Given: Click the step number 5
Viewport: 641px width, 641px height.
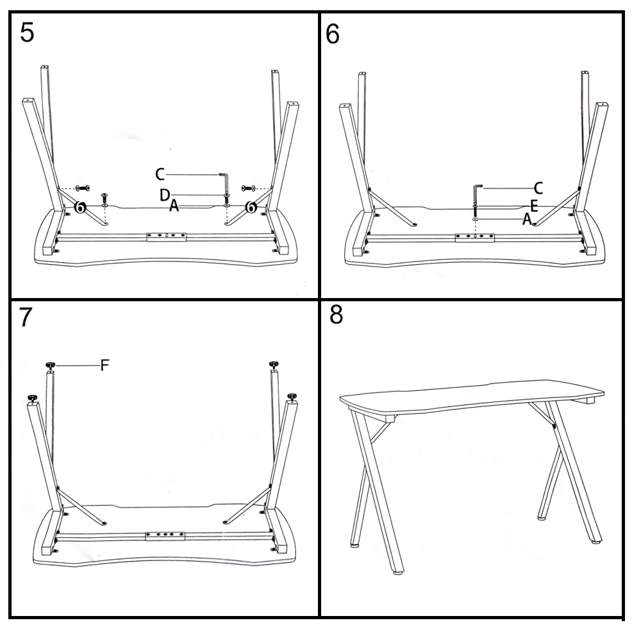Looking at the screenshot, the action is pyautogui.click(x=27, y=33).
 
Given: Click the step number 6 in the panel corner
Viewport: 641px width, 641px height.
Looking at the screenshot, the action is pyautogui.click(x=333, y=34).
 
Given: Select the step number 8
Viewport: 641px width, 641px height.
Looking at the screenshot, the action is pyautogui.click(x=336, y=315).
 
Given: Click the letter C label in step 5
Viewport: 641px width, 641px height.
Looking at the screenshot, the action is pyautogui.click(x=160, y=174).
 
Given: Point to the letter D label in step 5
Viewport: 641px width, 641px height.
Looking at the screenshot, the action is pyautogui.click(x=165, y=195).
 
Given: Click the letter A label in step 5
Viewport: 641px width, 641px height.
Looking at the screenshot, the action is pyautogui.click(x=174, y=206).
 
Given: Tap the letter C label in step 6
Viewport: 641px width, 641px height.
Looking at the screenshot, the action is pyautogui.click(x=538, y=188).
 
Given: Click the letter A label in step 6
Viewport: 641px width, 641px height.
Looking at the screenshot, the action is pyautogui.click(x=527, y=219).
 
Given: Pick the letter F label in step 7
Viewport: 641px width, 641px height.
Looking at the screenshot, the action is pyautogui.click(x=104, y=365).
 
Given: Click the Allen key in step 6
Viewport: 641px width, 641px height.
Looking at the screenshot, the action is pyautogui.click(x=477, y=194).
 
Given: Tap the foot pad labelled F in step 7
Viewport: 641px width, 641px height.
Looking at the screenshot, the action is pyautogui.click(x=50, y=365).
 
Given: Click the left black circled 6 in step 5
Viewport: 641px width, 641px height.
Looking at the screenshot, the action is pyautogui.click(x=80, y=207).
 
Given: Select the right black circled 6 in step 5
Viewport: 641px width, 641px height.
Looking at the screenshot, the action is pyautogui.click(x=251, y=207).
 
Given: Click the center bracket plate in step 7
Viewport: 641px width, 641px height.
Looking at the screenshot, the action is pyautogui.click(x=165, y=535).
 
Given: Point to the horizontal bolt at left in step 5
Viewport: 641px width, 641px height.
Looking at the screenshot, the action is pyautogui.click(x=83, y=188).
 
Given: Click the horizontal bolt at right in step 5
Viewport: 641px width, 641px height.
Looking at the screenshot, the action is pyautogui.click(x=249, y=188).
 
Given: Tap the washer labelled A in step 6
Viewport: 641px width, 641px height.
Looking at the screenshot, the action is pyautogui.click(x=475, y=219).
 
